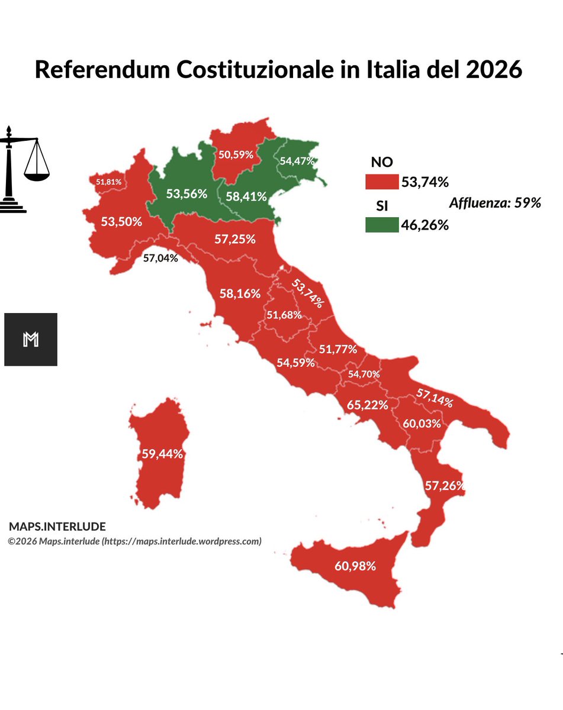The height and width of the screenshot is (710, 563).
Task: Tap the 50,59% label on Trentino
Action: pos(236,155)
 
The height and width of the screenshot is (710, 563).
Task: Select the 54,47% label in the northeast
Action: pos(297,160)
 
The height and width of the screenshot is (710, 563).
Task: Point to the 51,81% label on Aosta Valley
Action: pos(108,182)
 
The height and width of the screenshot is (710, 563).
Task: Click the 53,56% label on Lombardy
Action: pos(186,193)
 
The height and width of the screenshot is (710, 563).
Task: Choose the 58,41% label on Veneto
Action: pos(246,196)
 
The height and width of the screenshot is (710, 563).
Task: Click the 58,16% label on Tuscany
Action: pos(240,293)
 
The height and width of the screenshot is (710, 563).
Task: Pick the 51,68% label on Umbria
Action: pos(284,315)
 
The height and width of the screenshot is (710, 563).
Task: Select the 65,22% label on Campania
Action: pos(367,405)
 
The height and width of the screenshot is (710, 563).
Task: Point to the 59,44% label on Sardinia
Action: pos(162,454)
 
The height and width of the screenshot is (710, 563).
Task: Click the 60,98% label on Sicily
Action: pos(355,566)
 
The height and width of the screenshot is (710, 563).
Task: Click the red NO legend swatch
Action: pos(382,181)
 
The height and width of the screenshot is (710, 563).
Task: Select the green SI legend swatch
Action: pos(382,225)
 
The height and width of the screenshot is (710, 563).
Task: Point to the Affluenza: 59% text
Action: pos(495,203)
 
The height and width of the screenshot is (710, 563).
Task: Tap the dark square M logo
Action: pos(31,339)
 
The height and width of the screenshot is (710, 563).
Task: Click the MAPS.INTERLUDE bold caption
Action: pos(57,527)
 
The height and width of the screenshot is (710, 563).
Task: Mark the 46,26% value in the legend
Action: pos(424,225)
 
